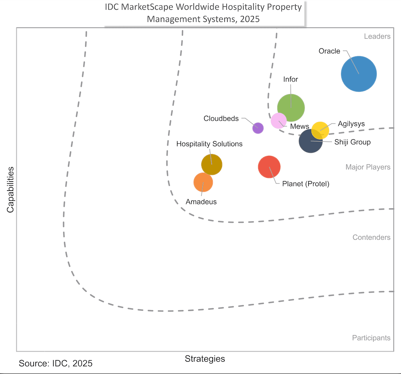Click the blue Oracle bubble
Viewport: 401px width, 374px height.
click(359, 74)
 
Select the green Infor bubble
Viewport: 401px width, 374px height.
click(291, 108)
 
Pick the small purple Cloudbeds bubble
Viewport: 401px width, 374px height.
click(258, 128)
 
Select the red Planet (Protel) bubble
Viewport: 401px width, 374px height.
click(269, 167)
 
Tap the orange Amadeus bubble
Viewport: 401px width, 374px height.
click(203, 182)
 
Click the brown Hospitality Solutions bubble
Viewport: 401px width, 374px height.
click(211, 165)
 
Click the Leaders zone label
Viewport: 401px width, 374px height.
click(377, 36)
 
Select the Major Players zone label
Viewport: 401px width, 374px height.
click(368, 167)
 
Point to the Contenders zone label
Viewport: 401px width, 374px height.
click(371, 237)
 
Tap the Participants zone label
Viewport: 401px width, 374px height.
click(371, 338)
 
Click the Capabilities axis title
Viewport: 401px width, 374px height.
click(10, 190)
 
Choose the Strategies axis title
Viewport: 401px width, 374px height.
click(205, 359)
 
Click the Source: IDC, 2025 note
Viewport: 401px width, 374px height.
click(56, 363)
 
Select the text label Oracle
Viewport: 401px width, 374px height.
click(329, 51)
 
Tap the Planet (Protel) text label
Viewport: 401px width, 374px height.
click(306, 183)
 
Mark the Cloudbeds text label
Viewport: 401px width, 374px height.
click(221, 118)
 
